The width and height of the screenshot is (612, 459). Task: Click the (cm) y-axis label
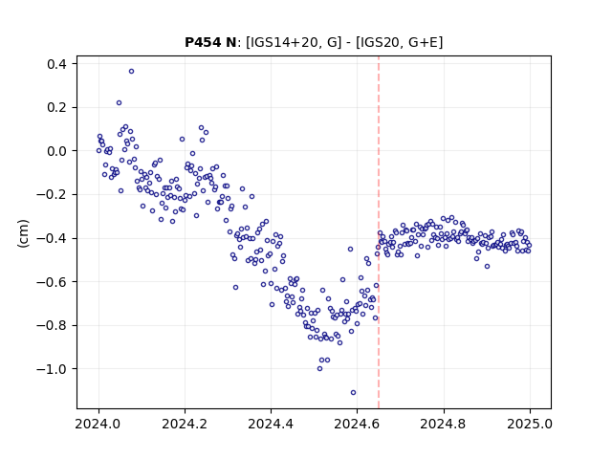point(23,233)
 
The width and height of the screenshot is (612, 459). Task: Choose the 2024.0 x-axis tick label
point(98,424)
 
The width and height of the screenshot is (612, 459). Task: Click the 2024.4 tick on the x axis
point(271,424)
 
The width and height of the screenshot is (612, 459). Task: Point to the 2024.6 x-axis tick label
point(357,424)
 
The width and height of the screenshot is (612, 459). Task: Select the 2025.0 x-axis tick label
point(530,424)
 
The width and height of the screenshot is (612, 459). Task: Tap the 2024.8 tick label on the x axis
point(444,424)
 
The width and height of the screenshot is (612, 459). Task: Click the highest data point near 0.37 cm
point(132,72)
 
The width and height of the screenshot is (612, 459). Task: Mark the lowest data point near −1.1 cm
point(353,393)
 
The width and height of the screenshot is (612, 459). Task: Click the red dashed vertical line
point(379,232)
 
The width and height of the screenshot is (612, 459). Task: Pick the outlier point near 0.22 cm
point(119,103)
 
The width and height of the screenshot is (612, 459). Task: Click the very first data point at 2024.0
point(98,151)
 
